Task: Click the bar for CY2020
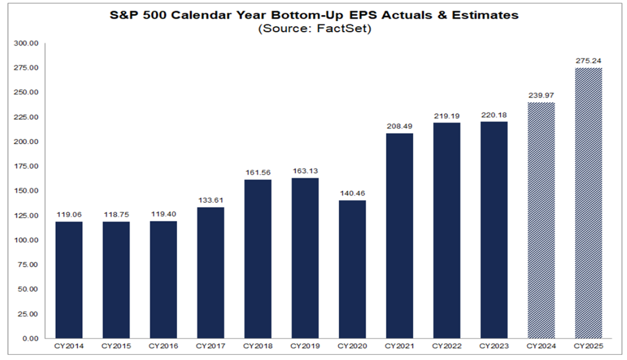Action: [352, 269]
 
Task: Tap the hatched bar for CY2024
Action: [541, 220]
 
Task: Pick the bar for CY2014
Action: [68, 280]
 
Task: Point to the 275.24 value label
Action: [588, 61]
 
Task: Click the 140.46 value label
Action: [352, 193]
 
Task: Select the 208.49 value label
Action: [399, 126]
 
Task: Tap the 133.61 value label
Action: [211, 200]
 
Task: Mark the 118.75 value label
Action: [116, 215]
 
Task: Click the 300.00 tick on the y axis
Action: [28, 43]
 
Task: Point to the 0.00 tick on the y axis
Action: [32, 338]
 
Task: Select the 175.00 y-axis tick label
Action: [28, 167]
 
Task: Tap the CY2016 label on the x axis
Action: [163, 346]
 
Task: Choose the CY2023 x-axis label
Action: [493, 346]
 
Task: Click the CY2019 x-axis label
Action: [305, 346]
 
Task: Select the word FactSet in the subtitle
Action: [343, 29]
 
